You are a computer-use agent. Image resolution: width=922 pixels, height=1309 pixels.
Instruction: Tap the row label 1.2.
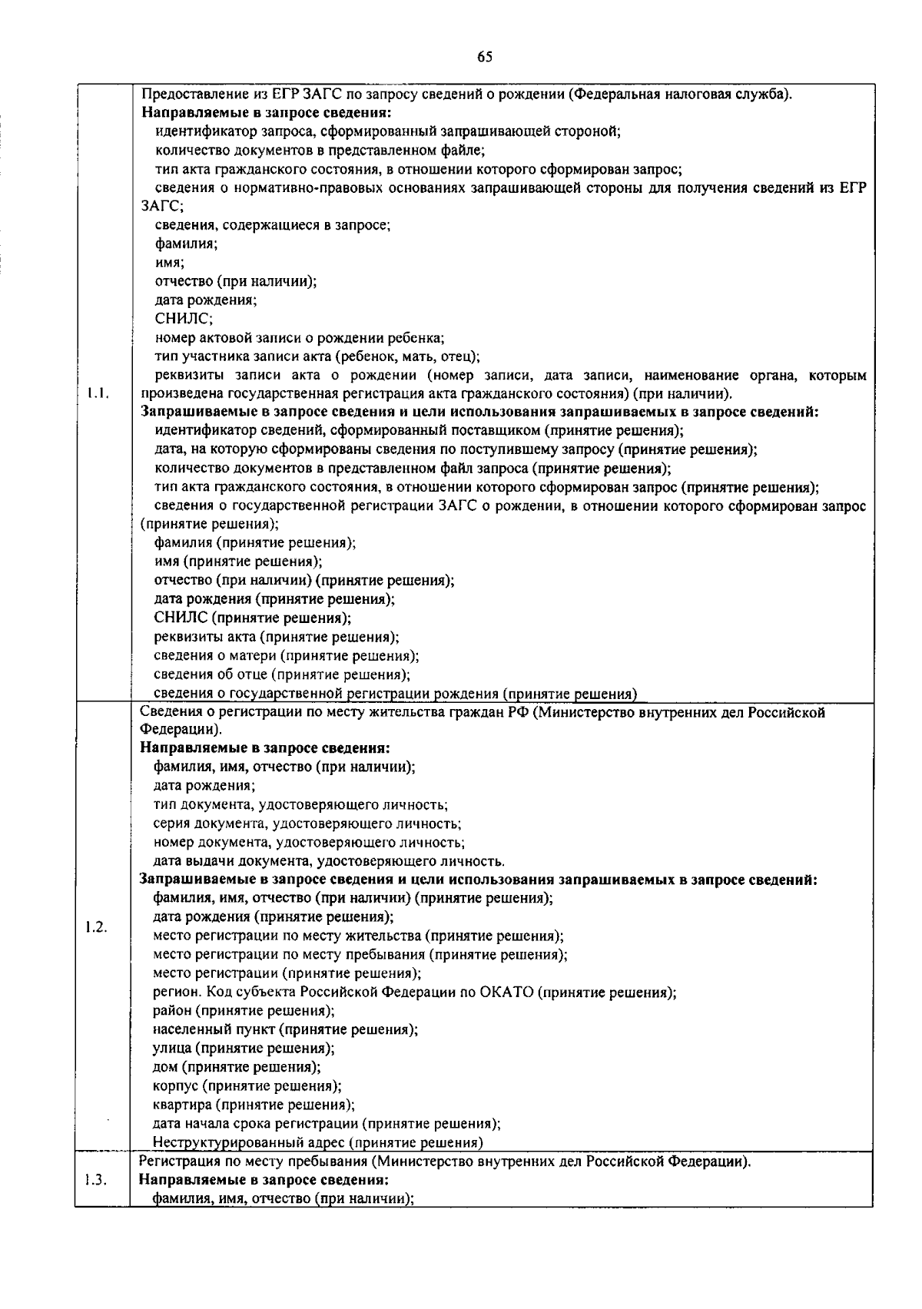tap(97, 926)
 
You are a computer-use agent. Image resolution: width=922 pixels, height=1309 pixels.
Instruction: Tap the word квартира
tap(182, 1105)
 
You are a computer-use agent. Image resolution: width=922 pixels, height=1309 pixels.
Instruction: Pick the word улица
tap(172, 1049)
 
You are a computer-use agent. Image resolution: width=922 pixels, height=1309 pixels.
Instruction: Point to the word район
tap(173, 1011)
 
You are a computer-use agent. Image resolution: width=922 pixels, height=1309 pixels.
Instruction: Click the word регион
tap(174, 993)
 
